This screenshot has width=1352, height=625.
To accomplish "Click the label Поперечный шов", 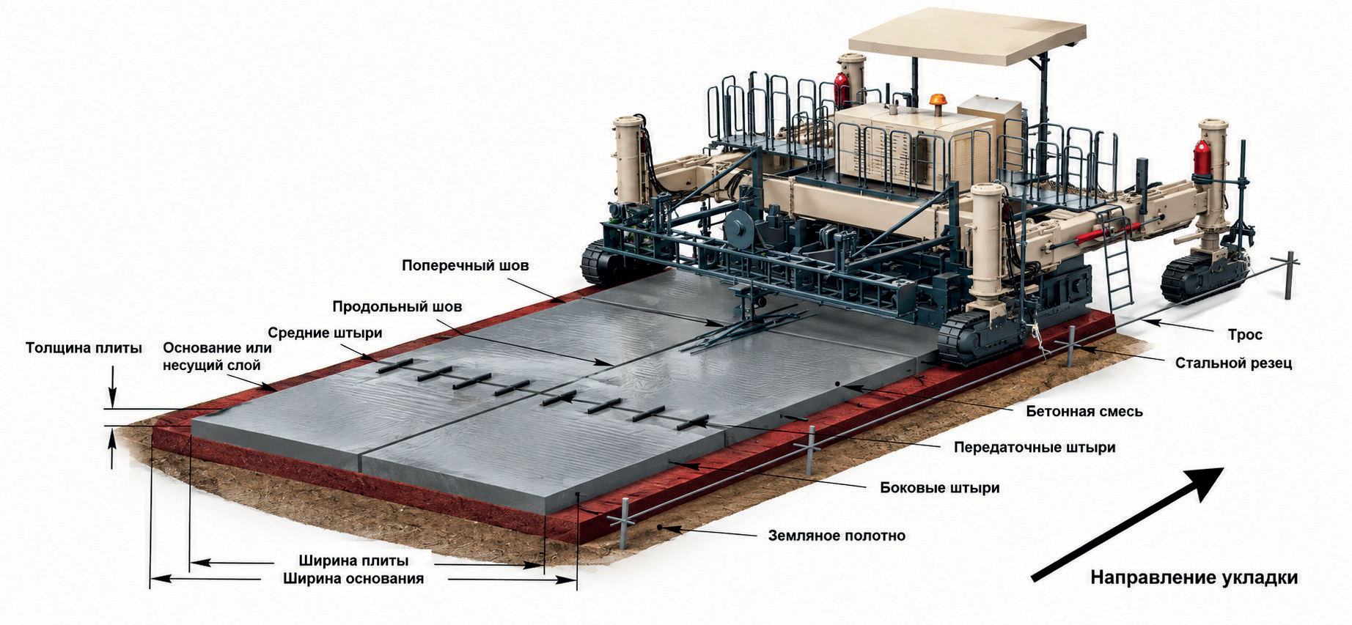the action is (x=465, y=265).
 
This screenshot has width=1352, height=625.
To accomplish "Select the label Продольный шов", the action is (x=397, y=306).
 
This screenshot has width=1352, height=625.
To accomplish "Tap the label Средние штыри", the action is (x=325, y=333).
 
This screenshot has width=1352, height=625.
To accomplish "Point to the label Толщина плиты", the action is (x=84, y=348).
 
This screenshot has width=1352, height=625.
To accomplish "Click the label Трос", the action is (x=1245, y=335).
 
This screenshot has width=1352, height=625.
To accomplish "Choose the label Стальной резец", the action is (x=1233, y=363).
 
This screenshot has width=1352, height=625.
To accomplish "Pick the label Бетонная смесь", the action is (x=1084, y=411).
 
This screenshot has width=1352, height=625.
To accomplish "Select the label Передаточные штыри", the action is (x=1034, y=447).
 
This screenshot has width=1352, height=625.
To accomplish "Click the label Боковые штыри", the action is (x=939, y=487).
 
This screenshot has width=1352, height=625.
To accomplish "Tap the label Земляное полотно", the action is (x=837, y=536).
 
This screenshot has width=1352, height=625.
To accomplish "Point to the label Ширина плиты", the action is (x=353, y=561).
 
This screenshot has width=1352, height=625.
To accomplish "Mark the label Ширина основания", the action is (x=353, y=579).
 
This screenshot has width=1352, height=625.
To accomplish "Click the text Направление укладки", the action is (x=1194, y=577).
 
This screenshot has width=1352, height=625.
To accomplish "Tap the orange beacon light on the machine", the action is (x=938, y=100).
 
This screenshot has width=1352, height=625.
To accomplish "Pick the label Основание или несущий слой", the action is (x=217, y=356).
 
